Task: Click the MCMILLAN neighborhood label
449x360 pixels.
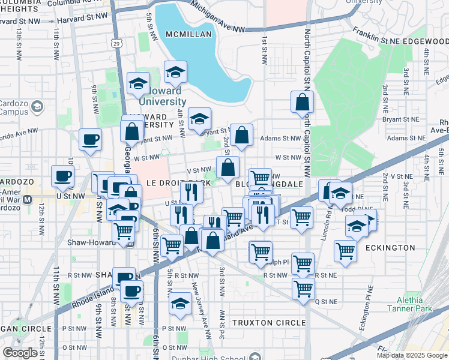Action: click(x=189, y=34)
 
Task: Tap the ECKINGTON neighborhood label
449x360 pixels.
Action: click(x=389, y=248)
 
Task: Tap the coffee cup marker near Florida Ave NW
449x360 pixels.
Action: click(x=90, y=140)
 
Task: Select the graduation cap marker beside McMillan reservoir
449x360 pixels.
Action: click(x=175, y=72)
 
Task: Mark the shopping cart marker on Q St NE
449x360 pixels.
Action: click(x=303, y=288)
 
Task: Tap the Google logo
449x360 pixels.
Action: click(x=20, y=353)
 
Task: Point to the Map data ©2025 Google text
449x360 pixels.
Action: click(x=411, y=355)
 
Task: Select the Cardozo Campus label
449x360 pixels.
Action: click(x=15, y=107)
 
